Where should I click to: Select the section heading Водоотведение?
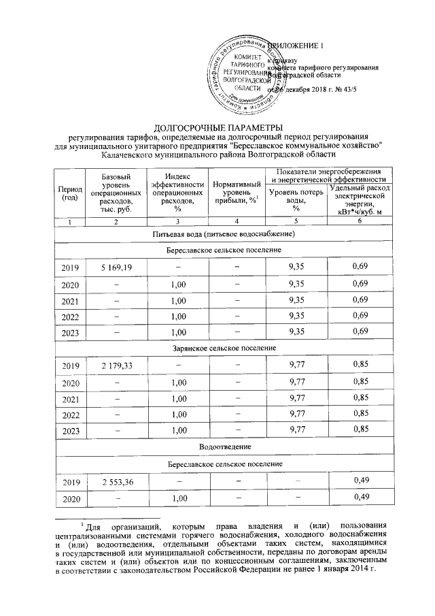tap(225, 447)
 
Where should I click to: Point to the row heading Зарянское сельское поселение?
tap(225, 348)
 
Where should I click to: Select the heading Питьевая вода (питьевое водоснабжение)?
tap(225, 234)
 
